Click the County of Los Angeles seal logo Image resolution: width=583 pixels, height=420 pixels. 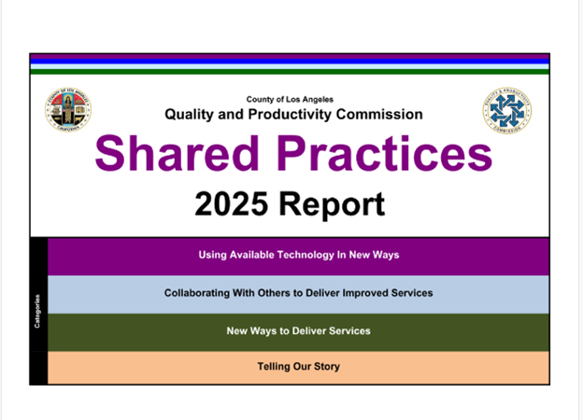pyautogui.click(x=67, y=112)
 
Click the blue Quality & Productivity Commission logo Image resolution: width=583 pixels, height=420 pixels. pyautogui.click(x=507, y=111)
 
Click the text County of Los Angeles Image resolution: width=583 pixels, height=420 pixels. pyautogui.click(x=290, y=99)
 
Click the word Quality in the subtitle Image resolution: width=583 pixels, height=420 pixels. pyautogui.click(x=191, y=114)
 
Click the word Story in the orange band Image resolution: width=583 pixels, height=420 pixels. pyautogui.click(x=325, y=367)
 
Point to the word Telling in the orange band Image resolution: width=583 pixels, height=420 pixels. pyautogui.click(x=275, y=367)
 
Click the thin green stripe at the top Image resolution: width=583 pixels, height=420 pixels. pyautogui.click(x=290, y=71)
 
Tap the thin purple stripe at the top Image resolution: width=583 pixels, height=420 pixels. pyautogui.click(x=290, y=57)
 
